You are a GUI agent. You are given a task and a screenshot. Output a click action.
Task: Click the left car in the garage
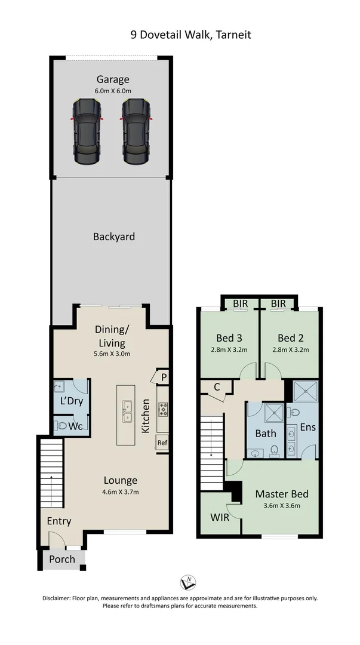pyautogui.click(x=87, y=131)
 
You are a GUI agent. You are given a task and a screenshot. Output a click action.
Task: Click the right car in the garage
pyautogui.click(x=137, y=131)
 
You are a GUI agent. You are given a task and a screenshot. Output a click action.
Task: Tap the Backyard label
pyautogui.click(x=113, y=236)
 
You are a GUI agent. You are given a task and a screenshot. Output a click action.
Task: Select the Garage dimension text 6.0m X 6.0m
pyautogui.click(x=113, y=91)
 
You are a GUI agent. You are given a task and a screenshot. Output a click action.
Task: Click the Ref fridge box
pyautogui.click(x=162, y=443)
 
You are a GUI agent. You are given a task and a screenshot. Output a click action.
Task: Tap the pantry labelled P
pyautogui.click(x=162, y=377)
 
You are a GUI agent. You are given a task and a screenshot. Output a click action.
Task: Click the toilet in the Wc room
pyautogui.click(x=63, y=426)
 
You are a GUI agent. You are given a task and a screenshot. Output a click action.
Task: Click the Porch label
pyautogui.click(x=62, y=559)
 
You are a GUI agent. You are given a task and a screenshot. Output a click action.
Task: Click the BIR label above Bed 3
pyautogui.click(x=241, y=304)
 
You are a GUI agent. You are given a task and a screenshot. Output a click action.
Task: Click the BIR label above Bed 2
pyautogui.click(x=278, y=304)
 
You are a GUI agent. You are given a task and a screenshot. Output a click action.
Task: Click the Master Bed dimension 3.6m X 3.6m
pyautogui.click(x=282, y=505)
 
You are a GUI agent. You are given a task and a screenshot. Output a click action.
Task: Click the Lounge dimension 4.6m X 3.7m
pyautogui.click(x=120, y=492)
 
